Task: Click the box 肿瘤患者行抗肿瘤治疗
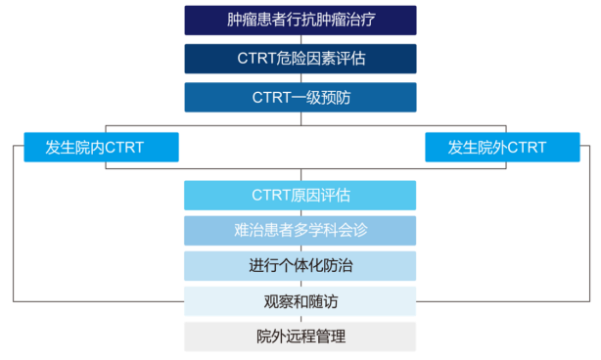(300, 20)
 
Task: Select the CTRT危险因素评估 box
(300, 58)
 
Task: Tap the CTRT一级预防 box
(300, 97)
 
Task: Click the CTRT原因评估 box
(300, 195)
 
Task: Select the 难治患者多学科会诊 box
(300, 231)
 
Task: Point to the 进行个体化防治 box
(300, 266)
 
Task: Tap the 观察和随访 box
(300, 301)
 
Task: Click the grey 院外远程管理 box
(300, 337)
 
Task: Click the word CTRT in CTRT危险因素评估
(258, 58)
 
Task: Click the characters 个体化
(300, 266)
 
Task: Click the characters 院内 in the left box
(87, 148)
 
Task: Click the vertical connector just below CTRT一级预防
(300, 119)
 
